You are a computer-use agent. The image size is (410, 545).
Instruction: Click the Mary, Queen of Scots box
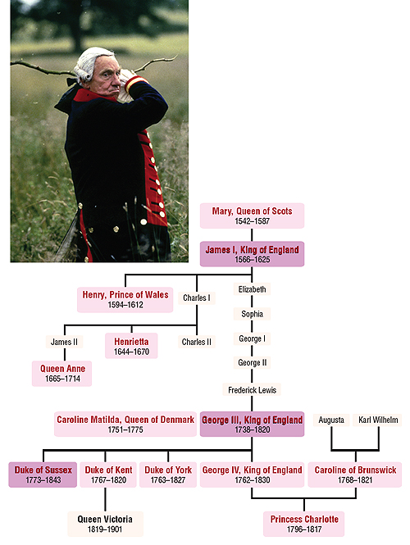(252, 216)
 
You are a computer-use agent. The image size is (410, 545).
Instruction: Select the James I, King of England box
(252, 254)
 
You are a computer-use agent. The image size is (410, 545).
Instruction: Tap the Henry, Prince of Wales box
(125, 300)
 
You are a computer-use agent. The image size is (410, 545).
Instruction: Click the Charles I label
(197, 297)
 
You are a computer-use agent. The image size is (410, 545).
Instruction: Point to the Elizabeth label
(252, 289)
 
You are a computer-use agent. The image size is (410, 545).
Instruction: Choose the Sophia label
(252, 314)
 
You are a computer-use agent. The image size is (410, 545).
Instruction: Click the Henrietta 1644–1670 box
(131, 346)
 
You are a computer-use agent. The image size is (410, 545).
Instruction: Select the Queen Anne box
(61, 374)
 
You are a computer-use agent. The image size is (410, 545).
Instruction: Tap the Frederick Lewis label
(252, 390)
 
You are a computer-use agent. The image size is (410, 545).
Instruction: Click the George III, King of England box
(252, 424)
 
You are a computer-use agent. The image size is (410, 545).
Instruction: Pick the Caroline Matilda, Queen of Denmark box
(125, 424)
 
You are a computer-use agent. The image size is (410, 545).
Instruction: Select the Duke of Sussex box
(43, 475)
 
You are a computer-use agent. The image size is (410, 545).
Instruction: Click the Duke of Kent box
(108, 475)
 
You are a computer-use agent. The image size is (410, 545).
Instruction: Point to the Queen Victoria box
(105, 524)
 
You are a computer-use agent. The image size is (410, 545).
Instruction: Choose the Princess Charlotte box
(304, 524)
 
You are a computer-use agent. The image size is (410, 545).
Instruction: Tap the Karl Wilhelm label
(378, 420)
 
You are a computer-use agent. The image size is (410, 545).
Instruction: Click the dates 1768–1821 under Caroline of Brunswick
(355, 480)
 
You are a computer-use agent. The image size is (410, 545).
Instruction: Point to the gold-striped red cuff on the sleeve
(135, 84)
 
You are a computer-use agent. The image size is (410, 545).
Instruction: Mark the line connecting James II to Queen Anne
(65, 355)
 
